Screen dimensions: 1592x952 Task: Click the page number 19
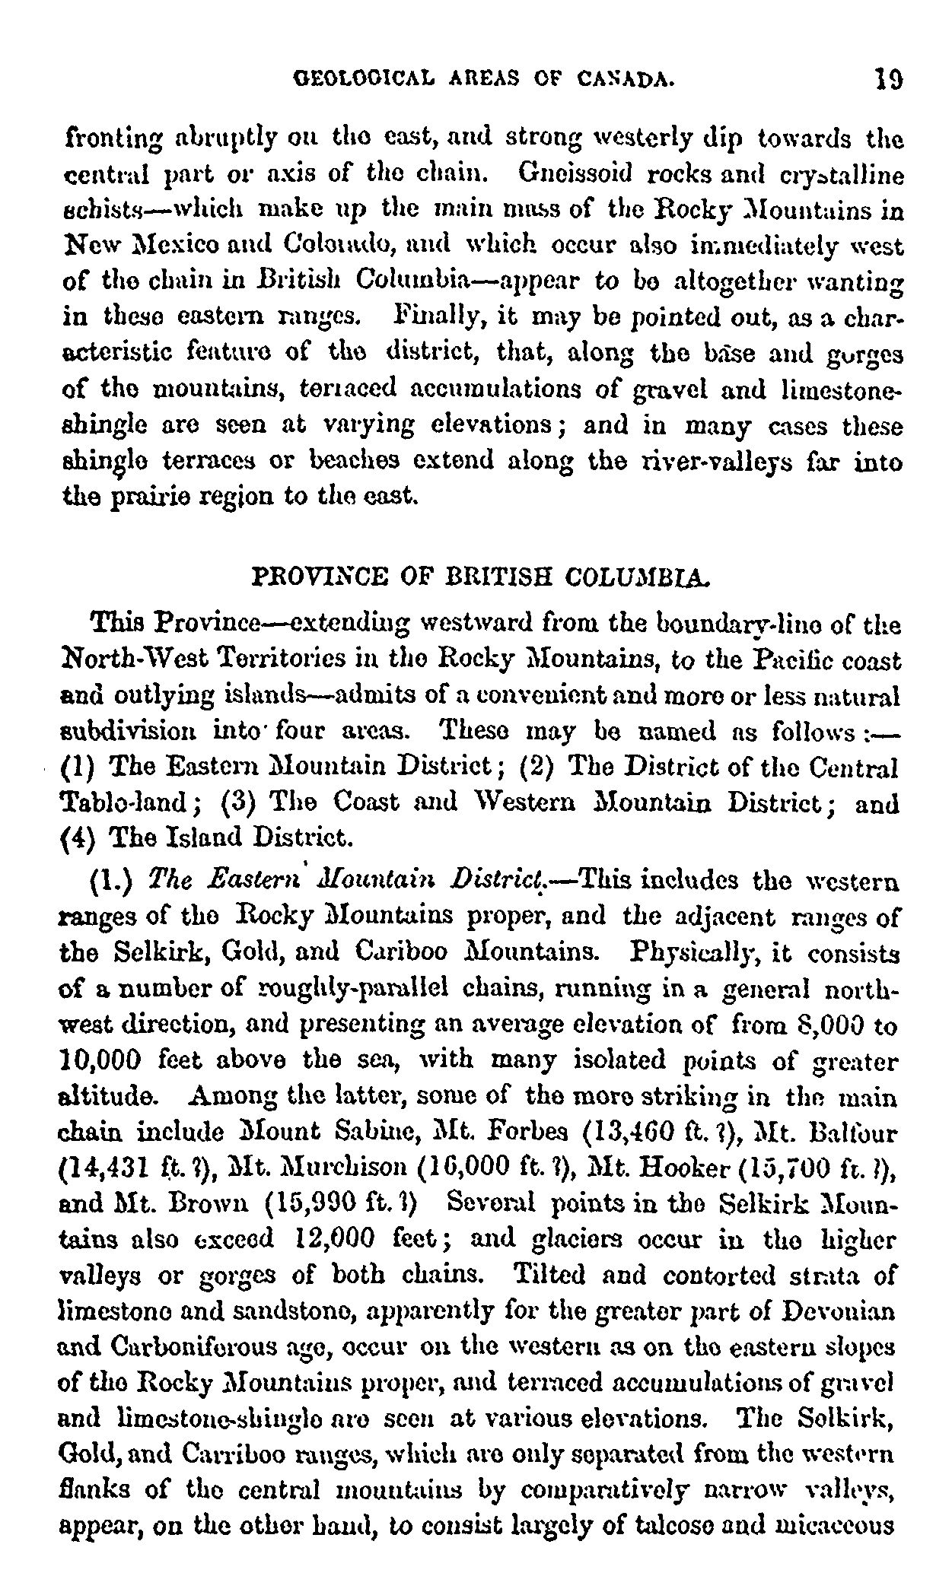pos(888,78)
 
